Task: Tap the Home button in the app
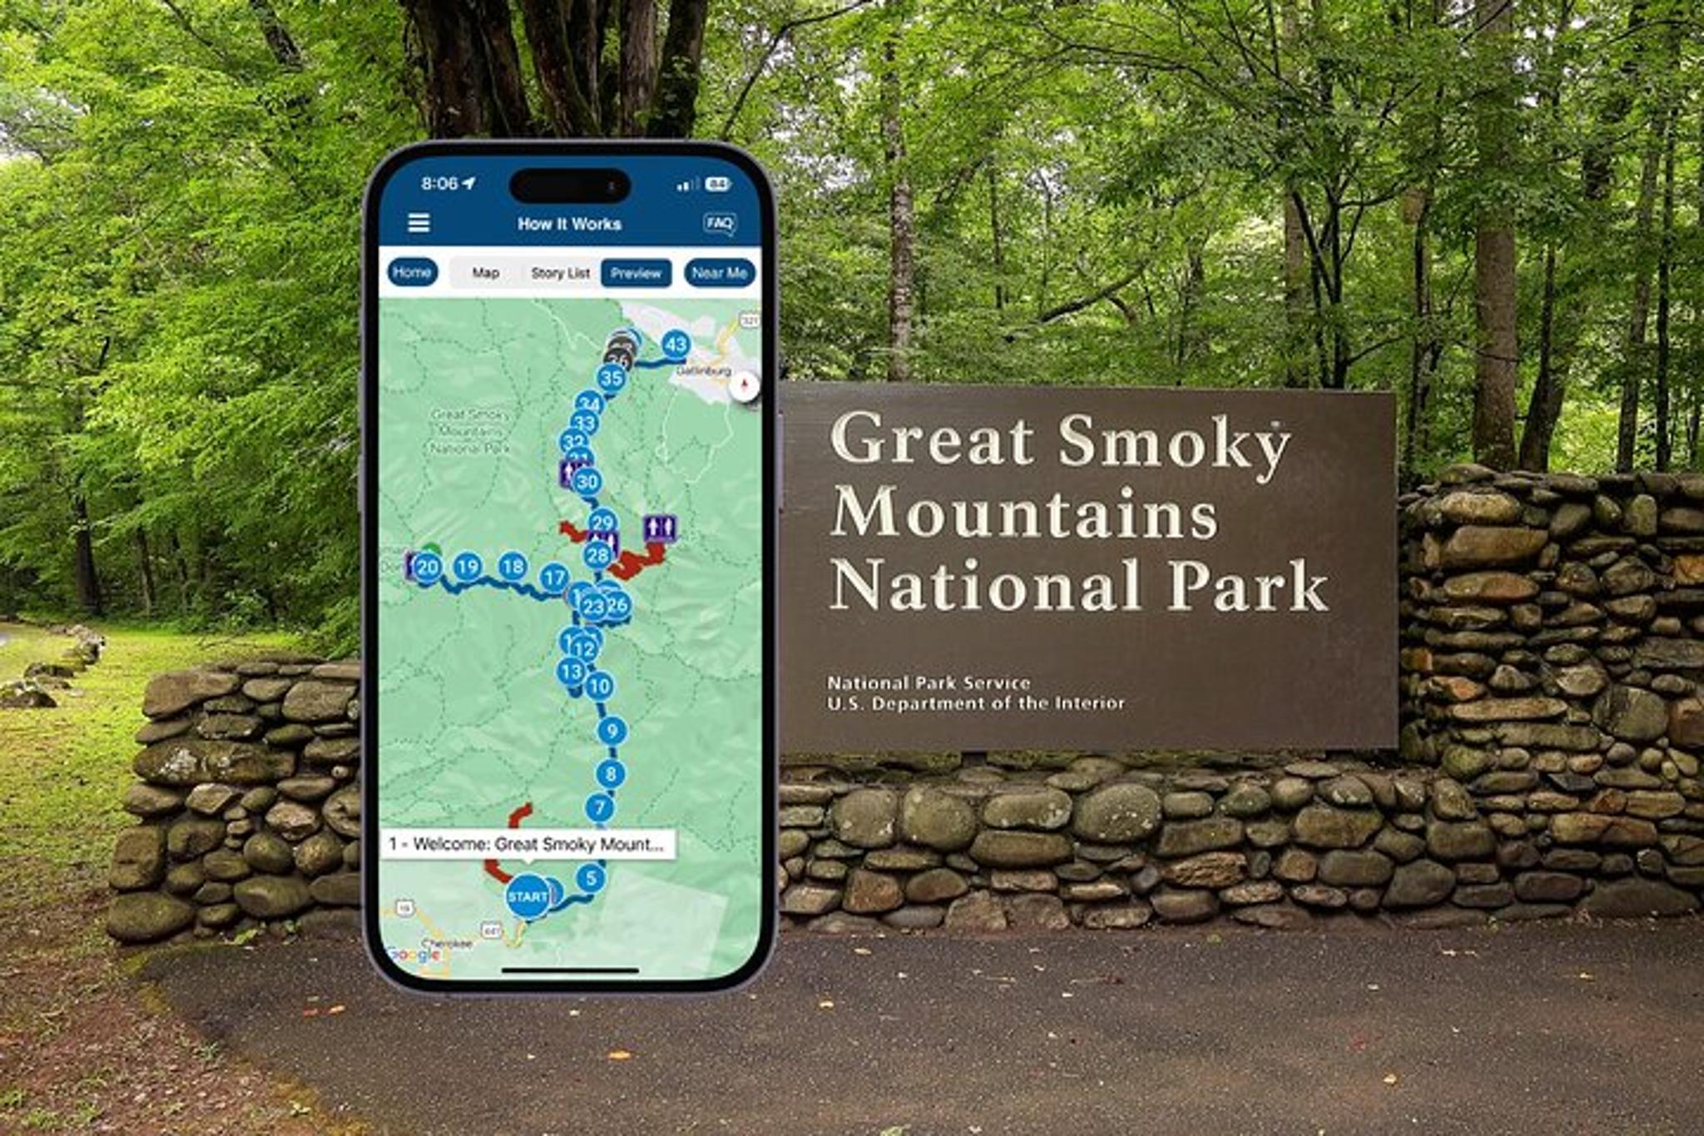click(412, 272)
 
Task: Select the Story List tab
click(560, 273)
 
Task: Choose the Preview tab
click(636, 273)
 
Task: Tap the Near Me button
click(719, 273)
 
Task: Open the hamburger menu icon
click(419, 223)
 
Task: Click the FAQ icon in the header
click(719, 223)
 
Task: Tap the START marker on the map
click(528, 896)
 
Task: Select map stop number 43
click(676, 345)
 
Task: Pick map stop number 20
click(427, 568)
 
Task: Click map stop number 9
click(612, 731)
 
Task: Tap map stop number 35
click(612, 378)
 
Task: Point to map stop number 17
click(554, 577)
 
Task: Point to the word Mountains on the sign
click(1024, 513)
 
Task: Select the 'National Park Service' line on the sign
click(929, 683)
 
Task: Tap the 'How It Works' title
click(569, 224)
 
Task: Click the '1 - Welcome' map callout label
click(528, 844)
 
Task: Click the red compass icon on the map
click(745, 385)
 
